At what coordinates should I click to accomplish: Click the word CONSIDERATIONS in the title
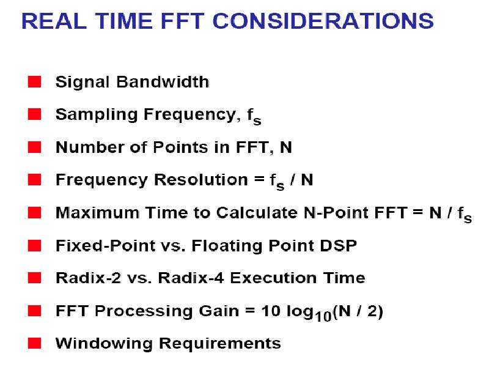point(323,21)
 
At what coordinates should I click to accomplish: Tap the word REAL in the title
point(54,21)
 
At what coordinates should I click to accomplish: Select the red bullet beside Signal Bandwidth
point(34,82)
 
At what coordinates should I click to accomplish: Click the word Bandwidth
point(163,82)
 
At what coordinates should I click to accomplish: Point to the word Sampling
point(97,115)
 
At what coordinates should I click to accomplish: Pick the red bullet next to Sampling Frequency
point(34,114)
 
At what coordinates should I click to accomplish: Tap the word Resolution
point(201,180)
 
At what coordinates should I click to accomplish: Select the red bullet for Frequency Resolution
point(34,180)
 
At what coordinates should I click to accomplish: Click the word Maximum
point(97,212)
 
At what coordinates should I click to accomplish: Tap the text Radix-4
point(191,278)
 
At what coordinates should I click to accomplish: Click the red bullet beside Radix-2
point(34,278)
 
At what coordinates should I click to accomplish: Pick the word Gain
point(219,311)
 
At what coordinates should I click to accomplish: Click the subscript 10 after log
point(323,317)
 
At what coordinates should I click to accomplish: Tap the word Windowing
point(104,344)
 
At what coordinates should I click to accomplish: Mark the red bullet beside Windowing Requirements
point(34,343)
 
